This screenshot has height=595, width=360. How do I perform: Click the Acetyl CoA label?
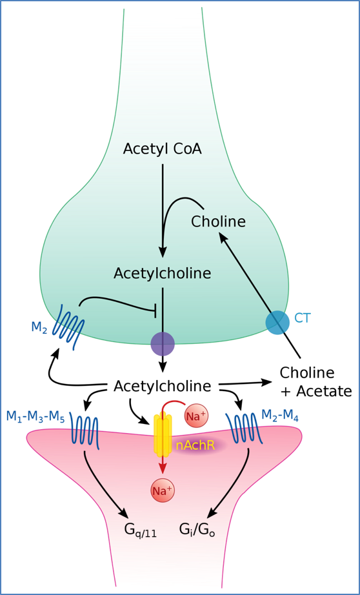click(x=162, y=150)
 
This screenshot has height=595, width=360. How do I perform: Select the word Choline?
click(x=218, y=221)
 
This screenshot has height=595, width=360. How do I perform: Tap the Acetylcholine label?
click(x=162, y=273)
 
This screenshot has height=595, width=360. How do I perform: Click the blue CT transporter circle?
click(x=277, y=322)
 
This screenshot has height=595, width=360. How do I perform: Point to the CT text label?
click(x=302, y=318)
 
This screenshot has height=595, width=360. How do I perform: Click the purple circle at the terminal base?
click(x=162, y=344)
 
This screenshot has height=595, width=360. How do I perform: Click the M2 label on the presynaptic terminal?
click(x=39, y=328)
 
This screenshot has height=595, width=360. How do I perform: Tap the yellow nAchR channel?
click(x=162, y=434)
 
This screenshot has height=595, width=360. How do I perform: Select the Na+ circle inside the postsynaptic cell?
click(x=162, y=490)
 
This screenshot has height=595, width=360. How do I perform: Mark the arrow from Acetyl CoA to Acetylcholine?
click(x=163, y=207)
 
